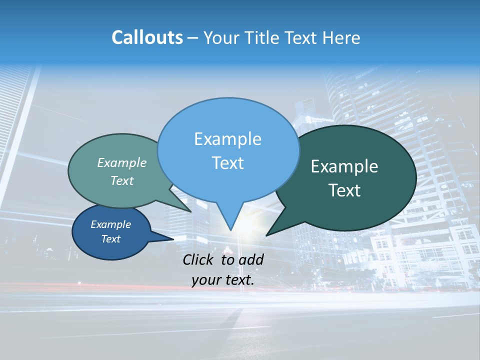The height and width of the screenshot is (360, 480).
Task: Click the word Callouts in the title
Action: click(x=147, y=38)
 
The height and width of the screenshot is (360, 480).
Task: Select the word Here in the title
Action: click(x=342, y=38)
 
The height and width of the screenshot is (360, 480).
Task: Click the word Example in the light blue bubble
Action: click(x=227, y=139)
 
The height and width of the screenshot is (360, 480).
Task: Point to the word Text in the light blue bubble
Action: click(x=227, y=163)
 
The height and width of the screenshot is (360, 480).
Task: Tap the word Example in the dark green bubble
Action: click(x=344, y=166)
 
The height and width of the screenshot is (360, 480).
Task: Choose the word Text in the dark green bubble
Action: click(x=344, y=190)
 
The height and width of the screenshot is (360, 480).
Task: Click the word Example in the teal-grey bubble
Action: click(x=122, y=163)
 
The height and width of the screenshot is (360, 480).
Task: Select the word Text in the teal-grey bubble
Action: click(x=122, y=181)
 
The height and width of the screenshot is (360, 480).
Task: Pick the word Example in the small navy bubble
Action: click(x=111, y=224)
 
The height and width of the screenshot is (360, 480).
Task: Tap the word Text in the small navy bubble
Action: click(x=111, y=239)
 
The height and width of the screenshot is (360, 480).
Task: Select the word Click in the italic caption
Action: click(x=199, y=259)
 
